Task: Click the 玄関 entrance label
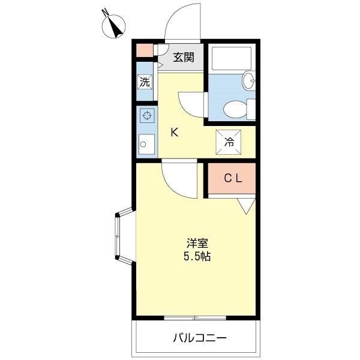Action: [x=184, y=57]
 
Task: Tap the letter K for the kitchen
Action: [x=175, y=132]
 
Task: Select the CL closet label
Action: [x=233, y=178]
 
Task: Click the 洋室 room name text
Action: [x=197, y=243]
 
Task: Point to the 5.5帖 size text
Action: [x=197, y=256]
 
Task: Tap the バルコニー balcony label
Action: [x=200, y=338]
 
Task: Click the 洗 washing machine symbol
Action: [x=145, y=82]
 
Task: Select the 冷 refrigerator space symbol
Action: [x=229, y=142]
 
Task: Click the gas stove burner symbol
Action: [x=147, y=115]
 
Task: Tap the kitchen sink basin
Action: [x=146, y=144]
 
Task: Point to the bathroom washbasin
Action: [x=249, y=80]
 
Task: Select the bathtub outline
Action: [x=232, y=59]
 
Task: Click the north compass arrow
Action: [x=115, y=28]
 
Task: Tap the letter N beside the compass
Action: [x=106, y=13]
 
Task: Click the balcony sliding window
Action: [x=195, y=318]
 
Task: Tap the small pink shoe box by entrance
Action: [x=145, y=50]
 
